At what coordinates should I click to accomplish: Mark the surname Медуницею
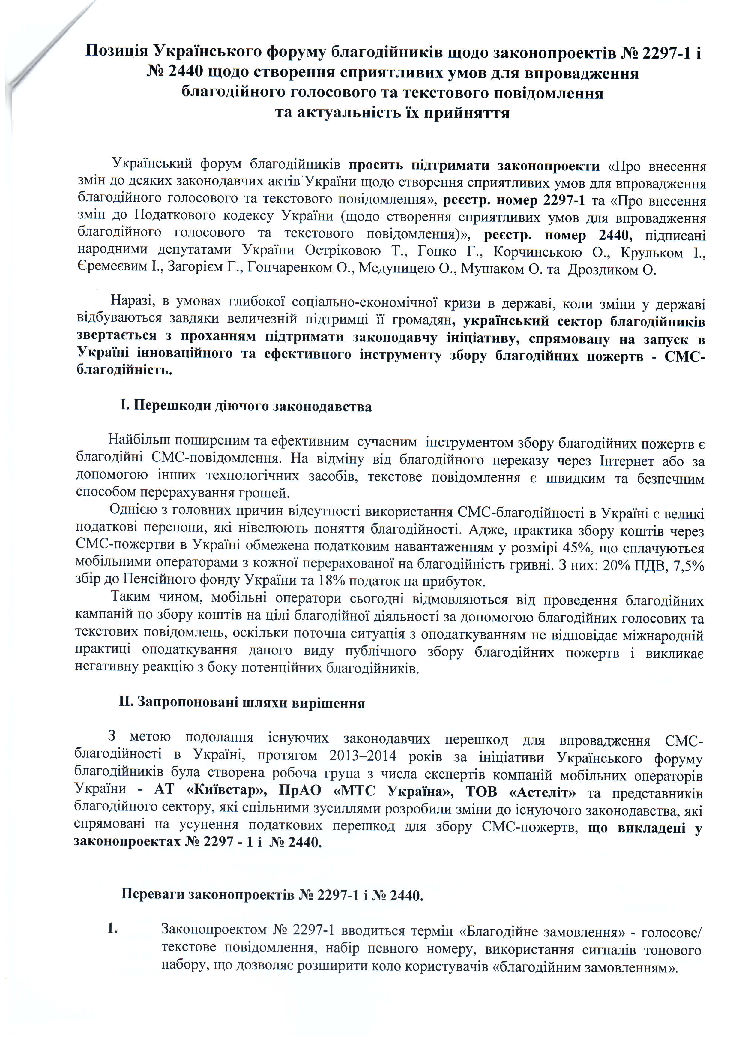pos(398,269)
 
